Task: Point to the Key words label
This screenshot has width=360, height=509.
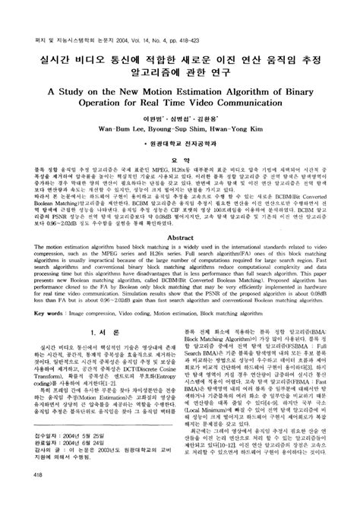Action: [43, 354]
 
